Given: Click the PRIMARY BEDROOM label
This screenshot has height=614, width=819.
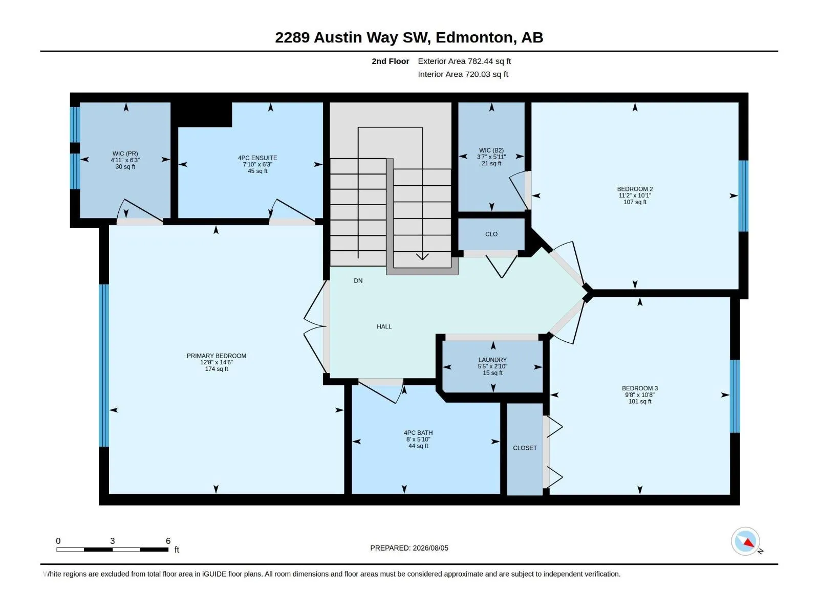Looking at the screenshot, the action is click(x=217, y=356).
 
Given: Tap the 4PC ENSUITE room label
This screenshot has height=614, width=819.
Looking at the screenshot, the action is click(x=257, y=158).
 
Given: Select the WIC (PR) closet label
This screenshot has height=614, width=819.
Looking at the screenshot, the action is click(x=125, y=153).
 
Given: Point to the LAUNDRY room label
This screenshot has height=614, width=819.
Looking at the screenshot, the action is click(x=492, y=360).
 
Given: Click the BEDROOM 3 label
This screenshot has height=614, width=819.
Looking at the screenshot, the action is click(x=640, y=388).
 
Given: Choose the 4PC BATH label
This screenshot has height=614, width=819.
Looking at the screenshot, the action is click(x=418, y=433).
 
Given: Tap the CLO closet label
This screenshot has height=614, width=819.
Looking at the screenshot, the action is click(x=491, y=234).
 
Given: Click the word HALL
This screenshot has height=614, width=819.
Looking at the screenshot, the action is click(x=384, y=326).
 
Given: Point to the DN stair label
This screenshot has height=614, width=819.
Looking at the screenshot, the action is click(x=358, y=281).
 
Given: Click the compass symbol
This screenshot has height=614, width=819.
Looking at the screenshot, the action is click(x=746, y=541).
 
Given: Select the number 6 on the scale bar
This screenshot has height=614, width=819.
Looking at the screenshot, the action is click(x=168, y=541).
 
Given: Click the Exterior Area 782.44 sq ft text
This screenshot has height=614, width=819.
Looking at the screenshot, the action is click(x=464, y=61).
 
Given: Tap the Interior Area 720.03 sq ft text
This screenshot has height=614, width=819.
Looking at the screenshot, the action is click(x=463, y=74).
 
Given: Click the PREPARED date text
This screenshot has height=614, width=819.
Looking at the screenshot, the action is click(x=409, y=548).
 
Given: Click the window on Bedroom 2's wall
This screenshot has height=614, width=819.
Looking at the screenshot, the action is click(x=744, y=196).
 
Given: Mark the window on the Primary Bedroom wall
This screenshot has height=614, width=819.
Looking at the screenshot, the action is click(x=104, y=365).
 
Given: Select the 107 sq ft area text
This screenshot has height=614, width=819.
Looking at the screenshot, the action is click(x=635, y=202).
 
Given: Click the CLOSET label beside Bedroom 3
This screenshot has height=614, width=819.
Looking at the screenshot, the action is click(x=525, y=448).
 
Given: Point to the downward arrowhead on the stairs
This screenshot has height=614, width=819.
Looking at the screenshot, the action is click(x=422, y=256).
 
